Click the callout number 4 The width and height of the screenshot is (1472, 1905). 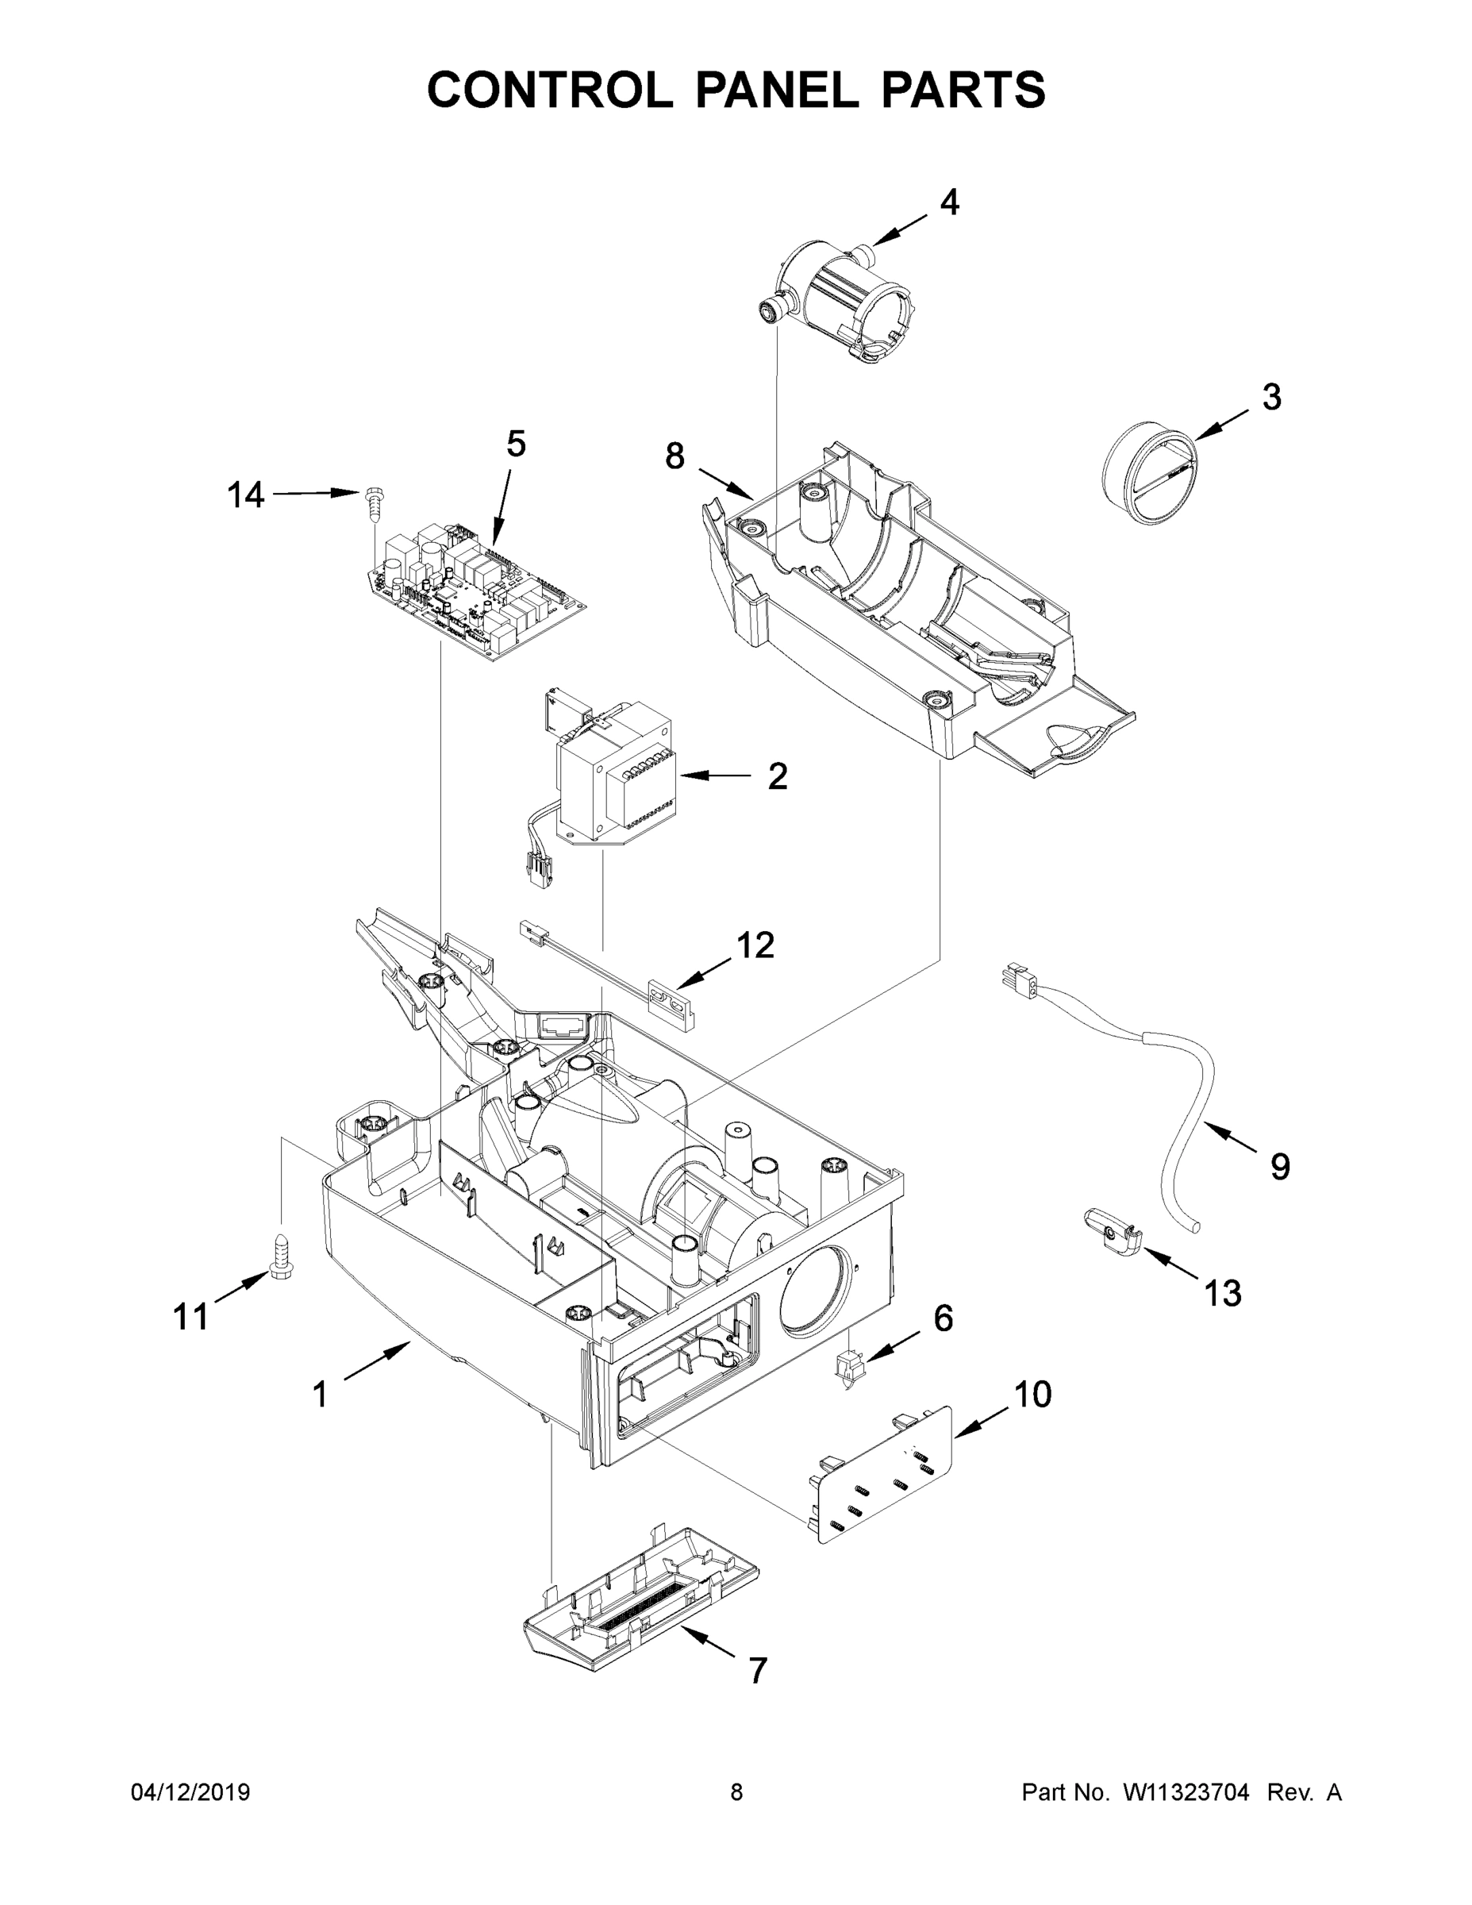[x=949, y=202]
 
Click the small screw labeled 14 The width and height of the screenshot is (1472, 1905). [x=374, y=501]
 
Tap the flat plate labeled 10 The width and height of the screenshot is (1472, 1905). [x=882, y=1474]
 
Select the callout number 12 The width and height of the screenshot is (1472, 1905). [x=755, y=945]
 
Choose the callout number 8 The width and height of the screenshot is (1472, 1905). [x=675, y=456]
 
